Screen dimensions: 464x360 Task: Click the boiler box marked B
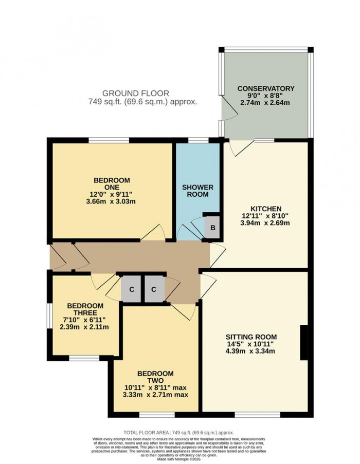tap(210, 227)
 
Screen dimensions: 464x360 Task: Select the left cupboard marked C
tap(132, 289)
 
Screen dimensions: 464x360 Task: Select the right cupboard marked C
tap(154, 289)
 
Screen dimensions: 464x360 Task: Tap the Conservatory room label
tap(265, 88)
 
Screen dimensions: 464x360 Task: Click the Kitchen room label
tap(266, 208)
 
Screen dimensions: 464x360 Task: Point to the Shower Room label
tap(197, 191)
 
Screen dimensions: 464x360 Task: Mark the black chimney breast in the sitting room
tap(304, 342)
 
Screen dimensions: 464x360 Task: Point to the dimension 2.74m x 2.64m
tap(265, 103)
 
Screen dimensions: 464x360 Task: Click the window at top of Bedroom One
tap(109, 140)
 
